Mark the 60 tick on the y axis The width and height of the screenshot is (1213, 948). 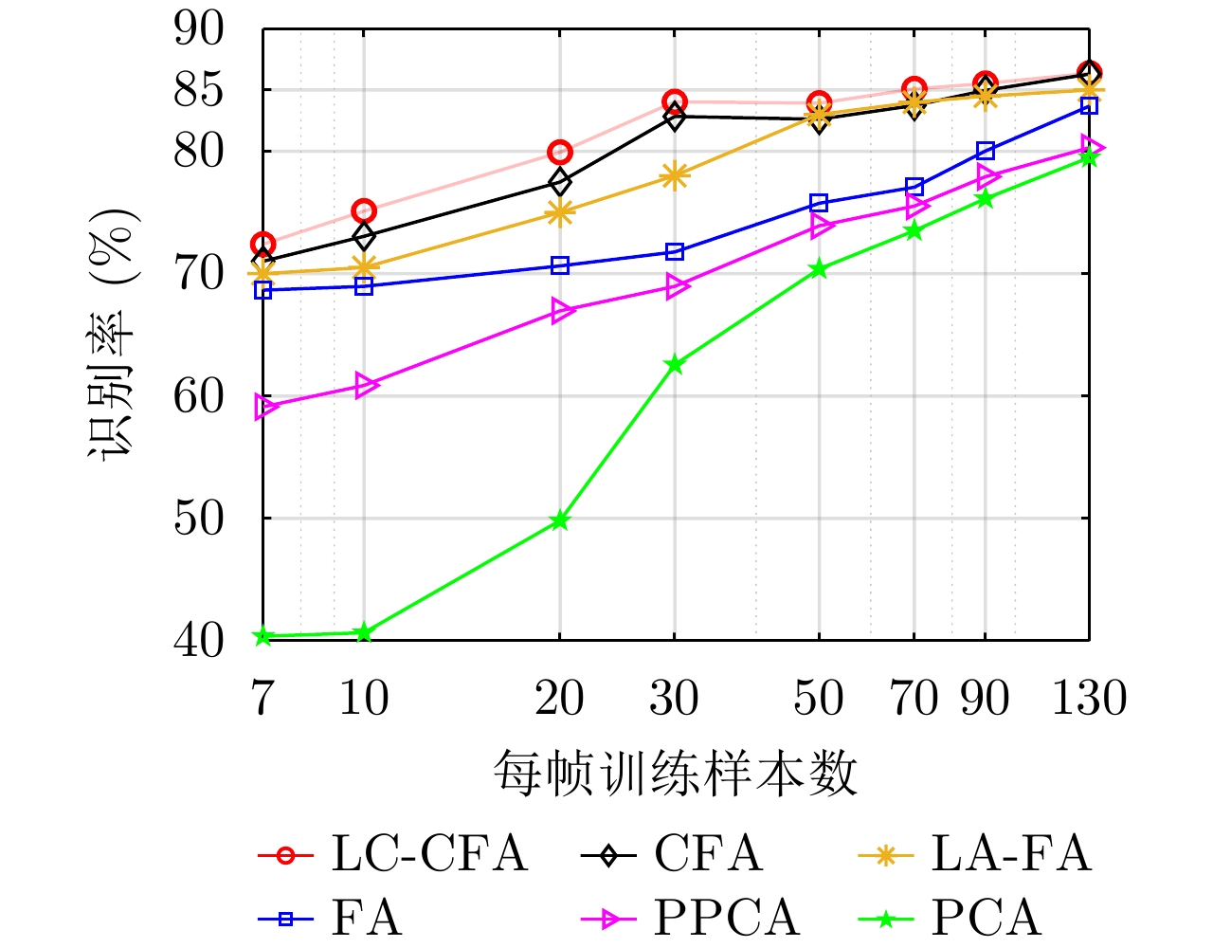(199, 396)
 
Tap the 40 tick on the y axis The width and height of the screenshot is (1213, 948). (199, 641)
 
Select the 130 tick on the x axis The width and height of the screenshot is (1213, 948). (1090, 699)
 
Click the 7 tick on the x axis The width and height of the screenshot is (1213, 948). (263, 699)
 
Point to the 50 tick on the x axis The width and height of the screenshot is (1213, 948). (818, 699)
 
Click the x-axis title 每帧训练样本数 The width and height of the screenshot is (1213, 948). (675, 775)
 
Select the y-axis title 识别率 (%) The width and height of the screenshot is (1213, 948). (114, 334)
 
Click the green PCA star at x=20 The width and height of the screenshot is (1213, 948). (559, 520)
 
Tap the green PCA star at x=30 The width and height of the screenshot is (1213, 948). (674, 364)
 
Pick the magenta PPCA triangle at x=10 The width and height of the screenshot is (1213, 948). (367, 385)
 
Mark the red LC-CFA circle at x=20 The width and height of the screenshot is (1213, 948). (559, 152)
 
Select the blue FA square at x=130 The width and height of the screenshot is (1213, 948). (1089, 105)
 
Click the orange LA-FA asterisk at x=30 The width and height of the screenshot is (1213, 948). (674, 175)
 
